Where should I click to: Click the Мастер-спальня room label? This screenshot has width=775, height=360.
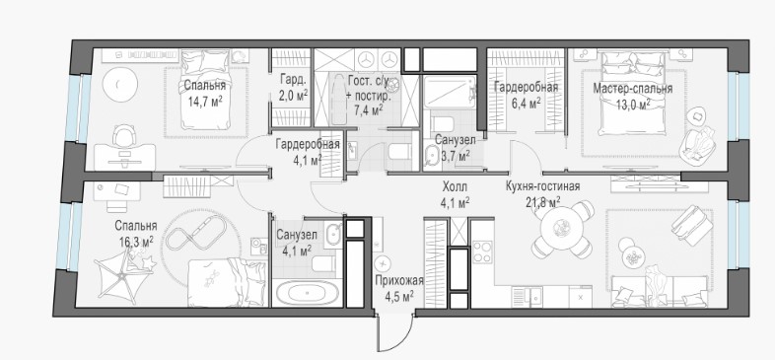(632, 89)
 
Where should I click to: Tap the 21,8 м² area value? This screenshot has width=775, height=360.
(542, 202)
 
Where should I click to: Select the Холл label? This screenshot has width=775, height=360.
(455, 187)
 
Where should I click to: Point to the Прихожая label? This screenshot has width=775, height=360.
(399, 281)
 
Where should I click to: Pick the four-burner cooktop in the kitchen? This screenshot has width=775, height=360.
(482, 252)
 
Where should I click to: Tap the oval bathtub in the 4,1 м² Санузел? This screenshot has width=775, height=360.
(307, 293)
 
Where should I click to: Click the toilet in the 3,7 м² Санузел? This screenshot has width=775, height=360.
(441, 124)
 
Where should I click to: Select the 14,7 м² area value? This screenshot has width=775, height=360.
(205, 102)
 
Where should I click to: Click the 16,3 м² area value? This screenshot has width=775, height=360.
(135, 242)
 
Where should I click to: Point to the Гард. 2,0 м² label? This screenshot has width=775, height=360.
(294, 88)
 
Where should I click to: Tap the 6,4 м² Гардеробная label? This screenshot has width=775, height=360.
(526, 95)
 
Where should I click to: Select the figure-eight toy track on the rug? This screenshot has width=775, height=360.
(196, 235)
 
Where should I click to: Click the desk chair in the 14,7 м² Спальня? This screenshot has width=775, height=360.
(122, 135)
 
